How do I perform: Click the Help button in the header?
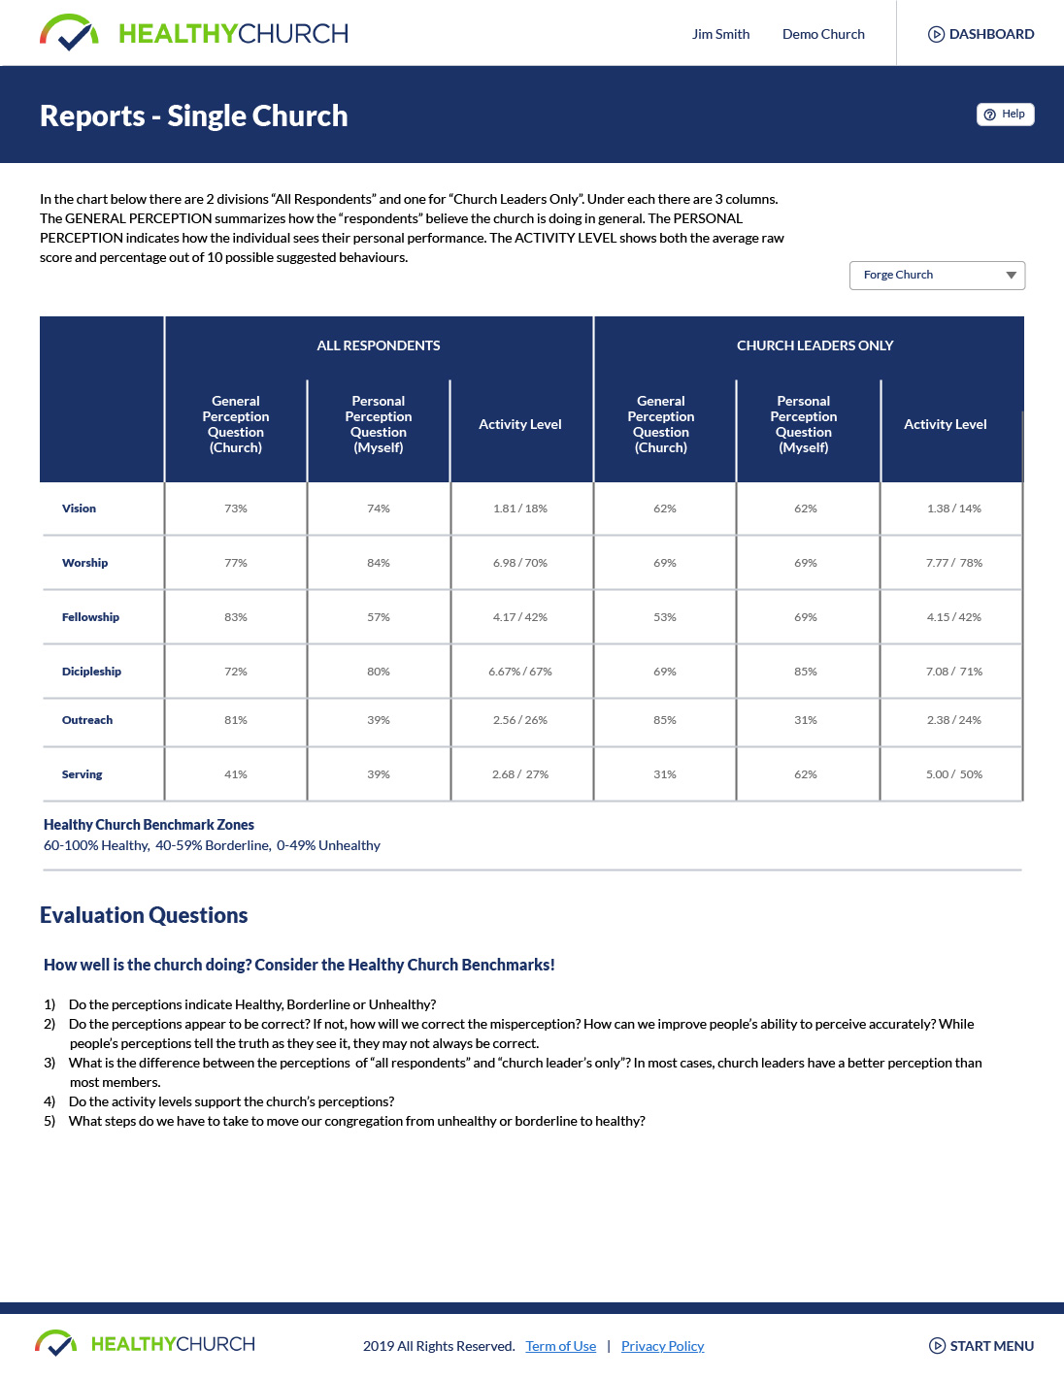[1005, 115]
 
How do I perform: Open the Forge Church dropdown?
[937, 276]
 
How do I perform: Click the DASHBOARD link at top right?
[981, 34]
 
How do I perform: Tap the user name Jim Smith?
[720, 34]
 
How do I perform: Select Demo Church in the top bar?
[823, 34]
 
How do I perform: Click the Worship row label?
[85, 563]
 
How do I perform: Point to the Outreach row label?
[87, 720]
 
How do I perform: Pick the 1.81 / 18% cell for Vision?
[520, 509]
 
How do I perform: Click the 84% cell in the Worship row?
[379, 563]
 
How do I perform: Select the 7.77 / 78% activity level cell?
[953, 563]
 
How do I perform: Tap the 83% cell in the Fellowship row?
[236, 617]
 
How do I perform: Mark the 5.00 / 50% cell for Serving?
[953, 774]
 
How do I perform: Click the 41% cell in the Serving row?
[236, 774]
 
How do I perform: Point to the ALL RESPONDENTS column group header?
[379, 345]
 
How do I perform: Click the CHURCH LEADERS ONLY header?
[815, 345]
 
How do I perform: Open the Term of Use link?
[561, 1346]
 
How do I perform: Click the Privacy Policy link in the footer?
[662, 1346]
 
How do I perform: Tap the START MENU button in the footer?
[981, 1346]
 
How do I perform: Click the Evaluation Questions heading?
[144, 915]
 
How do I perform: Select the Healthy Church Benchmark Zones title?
[149, 825]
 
